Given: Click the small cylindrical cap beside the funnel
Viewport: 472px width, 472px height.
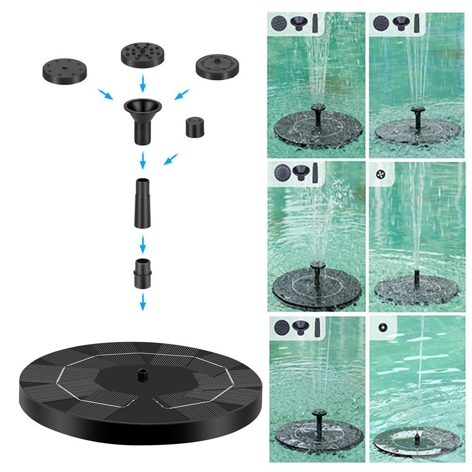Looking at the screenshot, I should point(194,127).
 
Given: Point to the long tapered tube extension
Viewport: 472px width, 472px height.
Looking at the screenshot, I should point(142,203).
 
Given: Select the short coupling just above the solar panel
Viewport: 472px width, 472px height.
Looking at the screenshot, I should point(142,273).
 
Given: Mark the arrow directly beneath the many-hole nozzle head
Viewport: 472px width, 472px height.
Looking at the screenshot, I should point(142,84).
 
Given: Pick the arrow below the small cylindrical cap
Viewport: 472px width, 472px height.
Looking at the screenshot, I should point(171,159).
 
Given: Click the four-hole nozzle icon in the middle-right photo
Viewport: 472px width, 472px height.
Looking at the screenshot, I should point(381,174).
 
